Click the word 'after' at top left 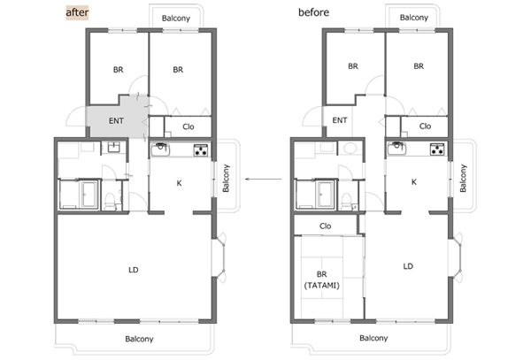click(x=77, y=12)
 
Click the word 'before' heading click(x=313, y=12)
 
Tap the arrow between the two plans click(x=264, y=179)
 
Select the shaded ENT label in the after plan click(x=116, y=121)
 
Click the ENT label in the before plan click(x=340, y=120)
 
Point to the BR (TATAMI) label click(x=322, y=280)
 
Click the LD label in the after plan click(x=134, y=270)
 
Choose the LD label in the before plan click(x=408, y=266)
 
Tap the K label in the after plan click(x=179, y=183)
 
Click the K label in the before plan click(x=414, y=182)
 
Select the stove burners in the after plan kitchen click(x=201, y=149)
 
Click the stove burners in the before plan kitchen click(x=437, y=149)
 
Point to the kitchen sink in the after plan click(x=160, y=149)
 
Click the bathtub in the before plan click(x=325, y=195)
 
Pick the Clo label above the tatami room click(x=325, y=226)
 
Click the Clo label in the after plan click(x=189, y=126)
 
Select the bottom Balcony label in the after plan click(x=139, y=339)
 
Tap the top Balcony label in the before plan click(x=414, y=18)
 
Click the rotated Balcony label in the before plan click(x=463, y=178)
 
